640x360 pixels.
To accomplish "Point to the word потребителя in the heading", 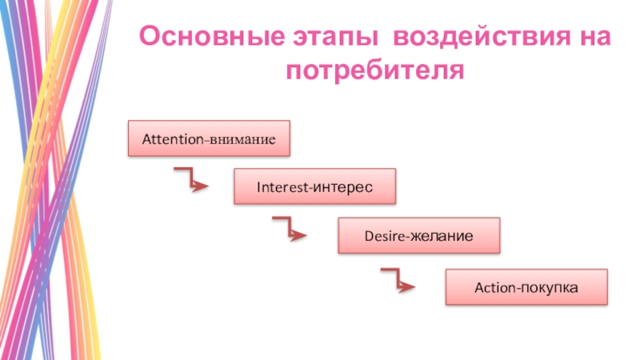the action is pos(376,71).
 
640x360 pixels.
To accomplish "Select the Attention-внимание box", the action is pos(208,139).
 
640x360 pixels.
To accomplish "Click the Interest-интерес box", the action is pos(314,186).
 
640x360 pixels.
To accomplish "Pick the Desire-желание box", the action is pos(418,237).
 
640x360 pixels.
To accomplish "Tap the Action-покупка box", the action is pos(526,286).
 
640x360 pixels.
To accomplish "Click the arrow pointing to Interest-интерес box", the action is pos(192,180).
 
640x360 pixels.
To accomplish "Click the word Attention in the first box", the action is pos(174,139).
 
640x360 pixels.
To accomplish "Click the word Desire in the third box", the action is pos(383,237).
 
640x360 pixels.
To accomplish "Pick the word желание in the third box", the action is pos(442,237).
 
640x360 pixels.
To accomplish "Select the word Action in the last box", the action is pos(493,286).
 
